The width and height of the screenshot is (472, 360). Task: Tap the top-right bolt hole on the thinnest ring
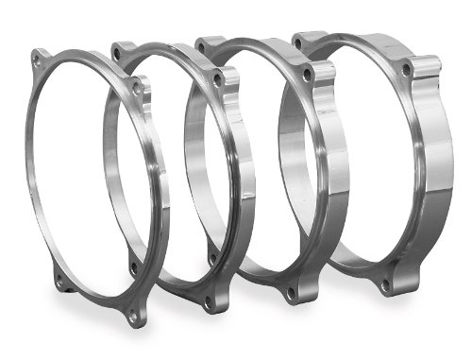pyautogui.click(x=137, y=88)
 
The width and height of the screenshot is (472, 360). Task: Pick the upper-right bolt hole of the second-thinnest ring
pyautogui.click(x=218, y=82)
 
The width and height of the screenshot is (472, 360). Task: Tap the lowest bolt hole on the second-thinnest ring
pyautogui.click(x=211, y=302)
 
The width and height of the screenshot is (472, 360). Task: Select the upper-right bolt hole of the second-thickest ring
pyautogui.click(x=308, y=74)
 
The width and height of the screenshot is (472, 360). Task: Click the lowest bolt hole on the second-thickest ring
pyautogui.click(x=289, y=294)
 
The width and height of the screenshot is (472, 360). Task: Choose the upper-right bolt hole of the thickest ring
pyautogui.click(x=406, y=70)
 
